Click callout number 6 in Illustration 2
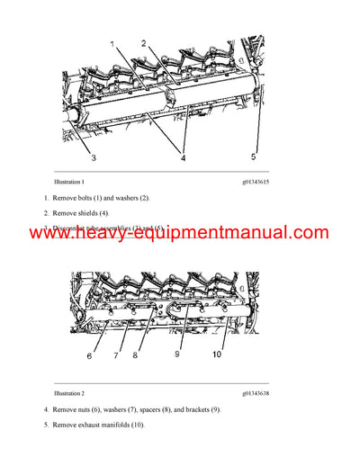[89, 356]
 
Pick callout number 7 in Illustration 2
[116, 356]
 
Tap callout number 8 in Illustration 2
[136, 356]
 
